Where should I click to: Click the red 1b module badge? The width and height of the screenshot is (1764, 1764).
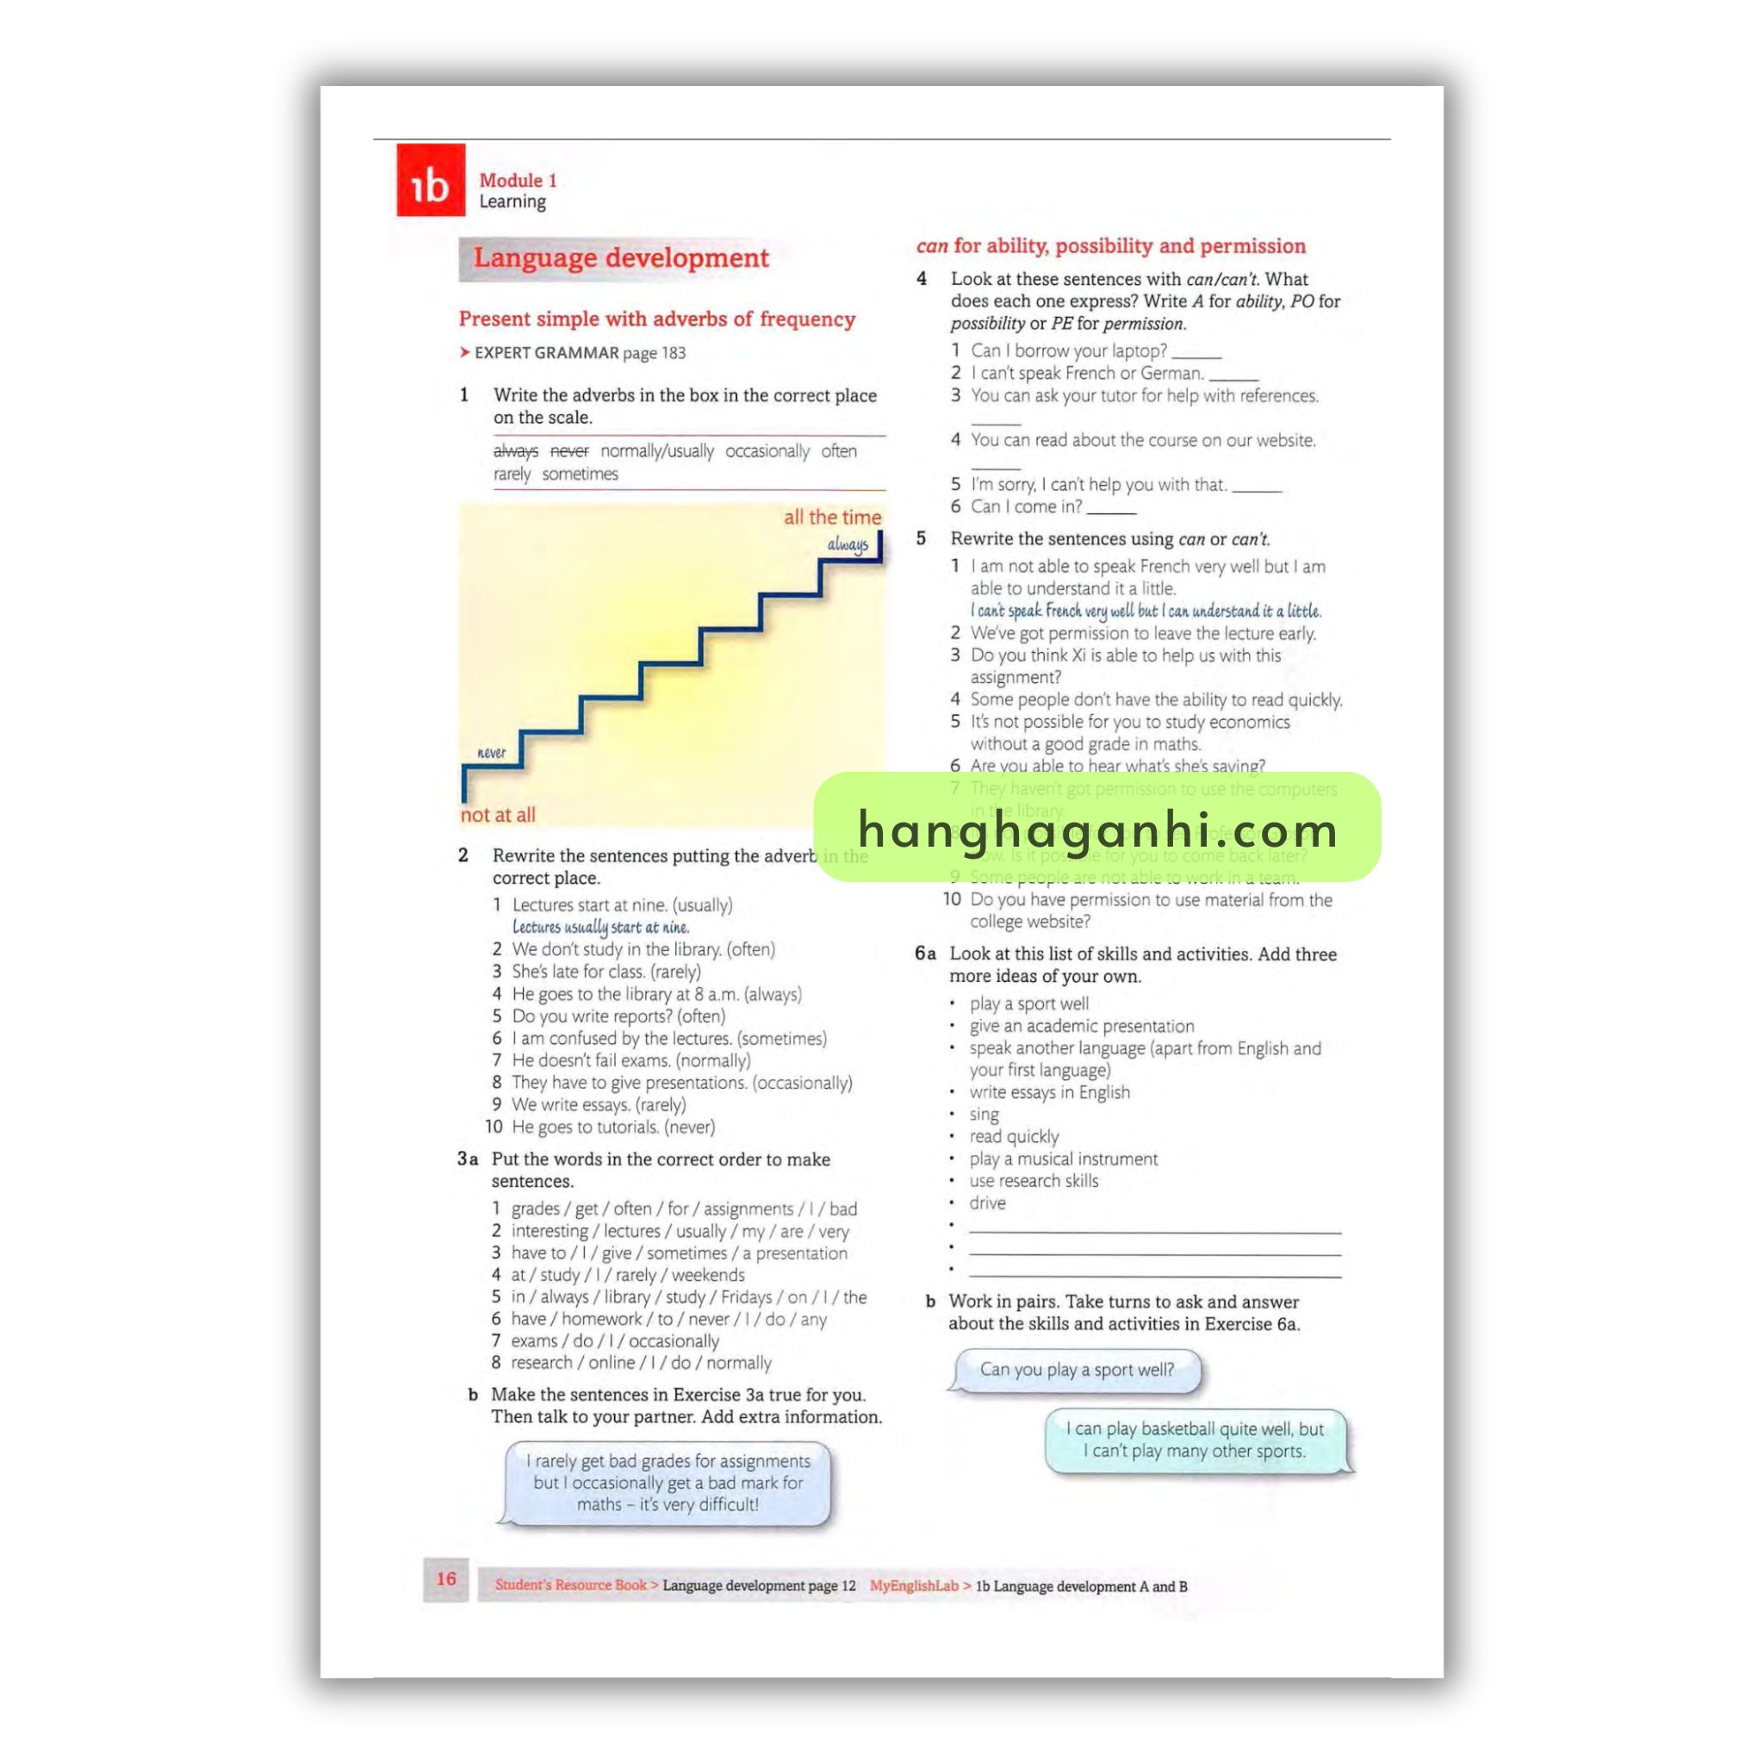tap(430, 180)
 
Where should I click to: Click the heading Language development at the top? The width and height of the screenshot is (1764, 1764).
tap(621, 258)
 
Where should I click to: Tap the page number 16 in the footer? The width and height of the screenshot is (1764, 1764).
tap(445, 1579)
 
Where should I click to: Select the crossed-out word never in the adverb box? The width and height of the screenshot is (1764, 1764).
tap(568, 451)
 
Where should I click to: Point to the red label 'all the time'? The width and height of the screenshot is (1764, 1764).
tap(832, 517)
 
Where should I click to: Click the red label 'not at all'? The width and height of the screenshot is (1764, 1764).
tap(498, 815)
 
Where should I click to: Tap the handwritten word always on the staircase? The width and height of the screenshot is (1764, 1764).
tap(848, 545)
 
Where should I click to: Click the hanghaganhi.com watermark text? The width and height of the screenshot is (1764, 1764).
tap(1096, 830)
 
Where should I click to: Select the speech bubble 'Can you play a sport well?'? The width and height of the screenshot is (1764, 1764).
tap(1077, 1370)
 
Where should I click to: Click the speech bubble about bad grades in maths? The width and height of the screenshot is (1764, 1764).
tap(668, 1483)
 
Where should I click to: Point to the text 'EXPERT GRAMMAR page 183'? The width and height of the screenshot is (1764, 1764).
tap(579, 353)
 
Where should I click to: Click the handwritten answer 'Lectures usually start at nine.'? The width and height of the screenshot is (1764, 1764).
tap(599, 928)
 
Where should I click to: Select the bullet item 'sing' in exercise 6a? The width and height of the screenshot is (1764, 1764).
tap(984, 1115)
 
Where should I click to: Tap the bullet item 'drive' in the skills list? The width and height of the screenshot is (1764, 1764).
tap(987, 1203)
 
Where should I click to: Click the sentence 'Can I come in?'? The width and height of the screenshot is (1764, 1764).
tap(1025, 506)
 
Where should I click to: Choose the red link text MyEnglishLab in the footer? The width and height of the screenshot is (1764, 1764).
tap(913, 1586)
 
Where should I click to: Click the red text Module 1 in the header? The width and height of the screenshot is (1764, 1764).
tap(518, 181)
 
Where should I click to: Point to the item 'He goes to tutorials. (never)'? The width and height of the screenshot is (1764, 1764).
tap(612, 1127)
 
